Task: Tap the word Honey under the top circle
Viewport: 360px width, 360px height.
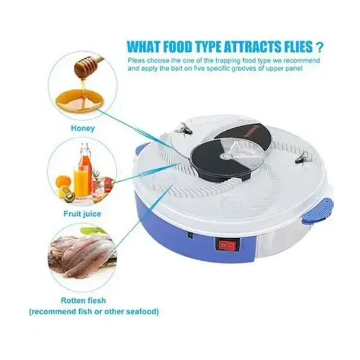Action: (83, 128)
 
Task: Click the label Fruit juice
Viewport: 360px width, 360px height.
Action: (82, 214)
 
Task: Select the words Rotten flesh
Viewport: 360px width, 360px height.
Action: (84, 300)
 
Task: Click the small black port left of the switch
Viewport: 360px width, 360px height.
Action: (190, 236)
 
